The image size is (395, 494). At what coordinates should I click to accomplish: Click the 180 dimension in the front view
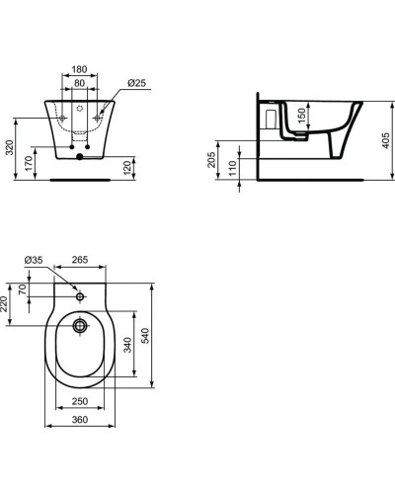[81, 71]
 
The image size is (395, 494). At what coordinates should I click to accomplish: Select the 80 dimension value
[81, 85]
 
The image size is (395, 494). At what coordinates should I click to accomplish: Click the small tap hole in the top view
[81, 295]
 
